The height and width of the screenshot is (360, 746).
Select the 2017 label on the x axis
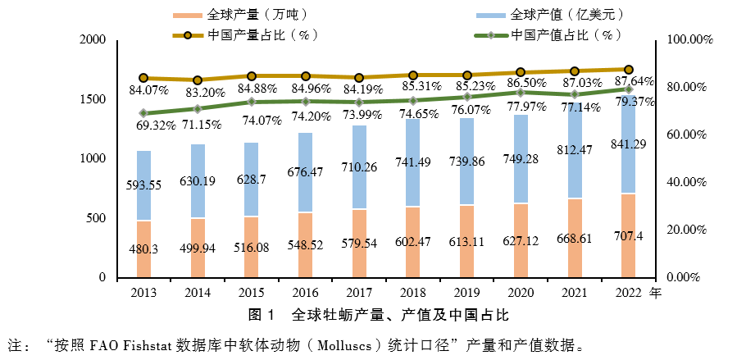pos(359,292)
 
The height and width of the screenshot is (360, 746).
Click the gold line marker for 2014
pos(198,80)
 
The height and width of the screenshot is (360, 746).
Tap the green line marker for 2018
pos(413,100)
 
